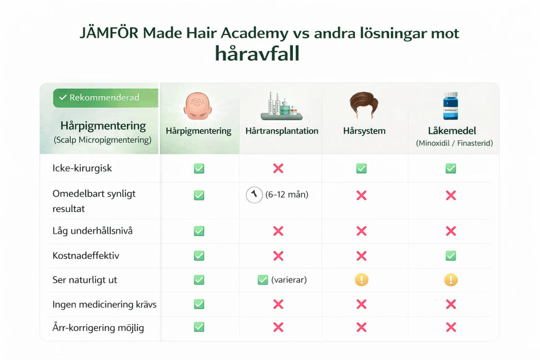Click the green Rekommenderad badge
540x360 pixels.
tap(105, 98)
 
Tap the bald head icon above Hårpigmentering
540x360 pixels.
tap(198, 106)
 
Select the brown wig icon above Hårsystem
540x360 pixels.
tap(361, 106)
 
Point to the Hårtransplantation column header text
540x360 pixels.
tap(282, 131)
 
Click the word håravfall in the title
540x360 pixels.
tap(257, 54)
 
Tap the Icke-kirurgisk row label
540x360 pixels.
tap(82, 168)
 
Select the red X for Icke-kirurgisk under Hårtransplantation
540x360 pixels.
tap(278, 168)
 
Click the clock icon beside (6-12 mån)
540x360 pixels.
tap(254, 195)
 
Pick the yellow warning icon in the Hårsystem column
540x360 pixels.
tap(361, 280)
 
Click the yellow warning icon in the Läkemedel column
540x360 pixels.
tap(450, 280)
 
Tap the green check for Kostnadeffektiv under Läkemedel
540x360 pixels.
tap(450, 256)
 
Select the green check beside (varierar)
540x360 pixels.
tap(263, 280)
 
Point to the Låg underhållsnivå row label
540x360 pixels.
tap(92, 231)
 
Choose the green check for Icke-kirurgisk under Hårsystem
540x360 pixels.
tap(361, 168)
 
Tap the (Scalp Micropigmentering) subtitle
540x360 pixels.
tap(102, 140)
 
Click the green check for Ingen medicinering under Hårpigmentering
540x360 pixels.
tap(198, 304)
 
